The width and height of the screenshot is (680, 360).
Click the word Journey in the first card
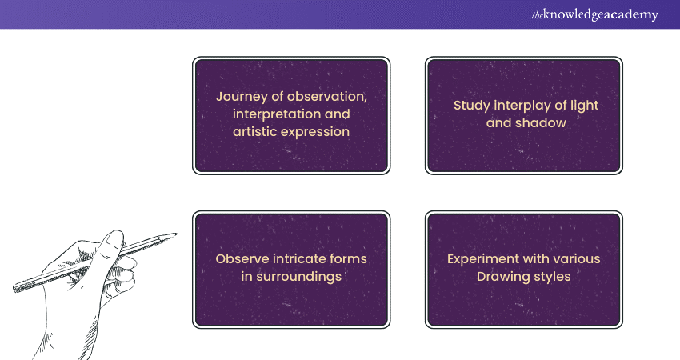click(x=242, y=96)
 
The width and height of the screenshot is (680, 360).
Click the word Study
click(x=472, y=106)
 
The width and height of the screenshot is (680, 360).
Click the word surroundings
click(x=302, y=277)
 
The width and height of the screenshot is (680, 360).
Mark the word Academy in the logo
click(x=628, y=15)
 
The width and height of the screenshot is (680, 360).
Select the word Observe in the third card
click(x=241, y=259)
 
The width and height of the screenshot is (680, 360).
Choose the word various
click(x=574, y=259)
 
